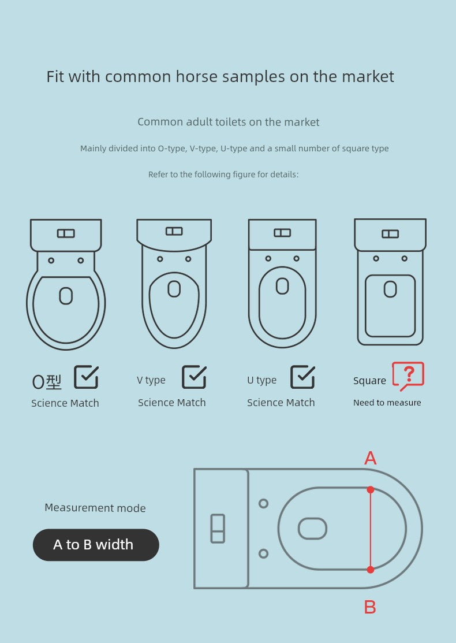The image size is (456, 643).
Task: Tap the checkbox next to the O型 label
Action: tap(87, 377)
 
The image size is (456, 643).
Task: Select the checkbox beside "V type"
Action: tap(194, 377)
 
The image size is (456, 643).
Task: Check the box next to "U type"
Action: tap(303, 377)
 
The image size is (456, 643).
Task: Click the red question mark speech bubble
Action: tap(408, 376)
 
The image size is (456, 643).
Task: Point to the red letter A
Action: tap(371, 458)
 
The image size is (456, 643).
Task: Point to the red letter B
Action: tap(370, 607)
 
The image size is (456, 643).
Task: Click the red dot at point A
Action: tap(371, 490)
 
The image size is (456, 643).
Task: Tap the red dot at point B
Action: tap(371, 570)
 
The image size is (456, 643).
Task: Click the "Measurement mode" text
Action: tap(95, 508)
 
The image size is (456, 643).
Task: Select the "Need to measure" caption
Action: tap(387, 403)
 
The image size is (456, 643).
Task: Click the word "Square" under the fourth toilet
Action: tap(369, 381)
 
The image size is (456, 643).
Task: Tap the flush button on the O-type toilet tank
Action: tap(66, 233)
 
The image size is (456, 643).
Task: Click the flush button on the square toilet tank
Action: tap(390, 234)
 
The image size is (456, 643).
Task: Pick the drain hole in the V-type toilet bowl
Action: tap(174, 289)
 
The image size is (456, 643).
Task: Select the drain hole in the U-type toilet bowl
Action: tap(282, 286)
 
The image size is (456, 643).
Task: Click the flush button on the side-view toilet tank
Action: tap(218, 529)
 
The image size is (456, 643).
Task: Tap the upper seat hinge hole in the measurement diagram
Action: tap(263, 504)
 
